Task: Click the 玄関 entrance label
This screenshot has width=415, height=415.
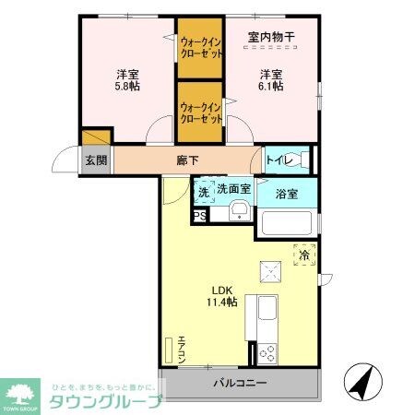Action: [x=96, y=160]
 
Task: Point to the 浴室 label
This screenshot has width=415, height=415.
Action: [x=287, y=194]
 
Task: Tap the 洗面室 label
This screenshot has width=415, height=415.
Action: [x=234, y=188]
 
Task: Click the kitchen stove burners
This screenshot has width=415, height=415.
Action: [x=268, y=353]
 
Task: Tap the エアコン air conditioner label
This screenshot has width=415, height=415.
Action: [x=182, y=348]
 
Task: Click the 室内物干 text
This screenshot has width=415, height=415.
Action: [x=272, y=38]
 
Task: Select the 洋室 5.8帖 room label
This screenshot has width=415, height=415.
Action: [x=127, y=79]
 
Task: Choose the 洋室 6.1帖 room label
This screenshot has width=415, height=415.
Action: [x=270, y=79]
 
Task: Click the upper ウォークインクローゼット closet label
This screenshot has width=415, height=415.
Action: [x=200, y=48]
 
